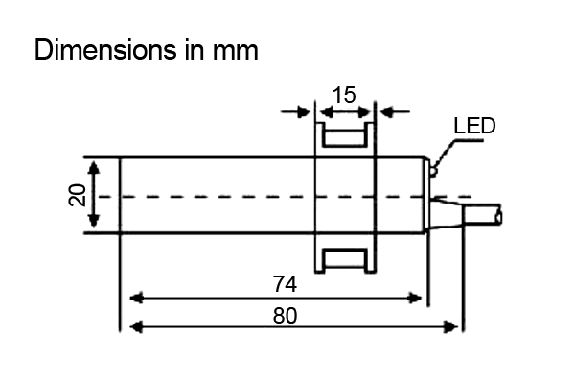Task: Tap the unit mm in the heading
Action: (x=234, y=50)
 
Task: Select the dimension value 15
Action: (x=344, y=94)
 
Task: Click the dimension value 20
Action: (x=78, y=196)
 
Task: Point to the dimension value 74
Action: (x=284, y=283)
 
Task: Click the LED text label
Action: (x=474, y=127)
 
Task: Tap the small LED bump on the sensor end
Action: (x=433, y=172)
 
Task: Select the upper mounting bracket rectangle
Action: (x=344, y=135)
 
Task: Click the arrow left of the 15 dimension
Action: (x=304, y=111)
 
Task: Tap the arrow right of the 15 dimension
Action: (x=385, y=111)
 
